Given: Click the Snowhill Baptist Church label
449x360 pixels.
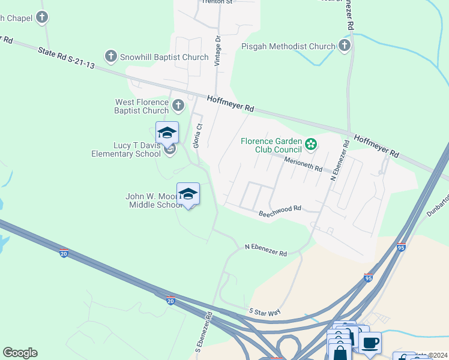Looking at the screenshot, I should coord(164,57).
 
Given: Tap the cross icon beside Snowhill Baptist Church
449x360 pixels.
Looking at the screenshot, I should coord(110,56).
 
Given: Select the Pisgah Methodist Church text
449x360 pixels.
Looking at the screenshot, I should coord(288,46).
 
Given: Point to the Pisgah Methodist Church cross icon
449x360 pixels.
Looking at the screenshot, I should coord(344,46).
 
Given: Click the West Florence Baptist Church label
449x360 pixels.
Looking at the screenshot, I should coord(142,106).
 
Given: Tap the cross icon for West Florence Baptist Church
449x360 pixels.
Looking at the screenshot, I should coord(178,106).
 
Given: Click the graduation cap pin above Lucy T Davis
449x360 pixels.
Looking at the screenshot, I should coord(167,133).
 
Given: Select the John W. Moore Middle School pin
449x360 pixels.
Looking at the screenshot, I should coord(188,194).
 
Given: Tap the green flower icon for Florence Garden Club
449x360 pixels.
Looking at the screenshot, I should coord(311,143).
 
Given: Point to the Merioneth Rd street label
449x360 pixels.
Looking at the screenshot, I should coord(303,163).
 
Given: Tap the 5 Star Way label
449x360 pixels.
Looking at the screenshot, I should coord(265,311).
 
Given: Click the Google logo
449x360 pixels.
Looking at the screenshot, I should coord(20,353).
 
